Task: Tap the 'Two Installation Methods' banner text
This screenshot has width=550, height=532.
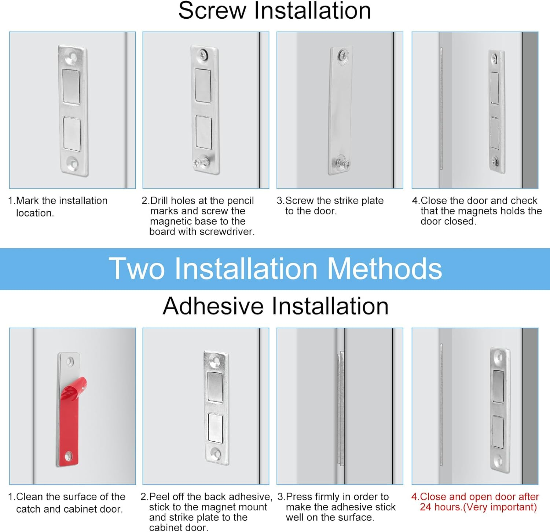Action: [x=275, y=269]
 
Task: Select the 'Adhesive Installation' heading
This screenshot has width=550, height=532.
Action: [x=275, y=306]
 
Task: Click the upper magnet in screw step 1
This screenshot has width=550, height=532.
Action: [x=71, y=87]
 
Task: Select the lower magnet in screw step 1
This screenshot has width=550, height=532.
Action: [x=72, y=134]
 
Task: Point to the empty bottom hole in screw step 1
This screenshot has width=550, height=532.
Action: [x=73, y=163]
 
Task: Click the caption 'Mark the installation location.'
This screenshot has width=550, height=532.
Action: [x=58, y=207]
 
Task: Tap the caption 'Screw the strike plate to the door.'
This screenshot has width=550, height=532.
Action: [x=330, y=206]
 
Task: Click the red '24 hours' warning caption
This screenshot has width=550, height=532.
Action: [x=475, y=502]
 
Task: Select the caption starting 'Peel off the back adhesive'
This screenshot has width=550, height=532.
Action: [x=206, y=512]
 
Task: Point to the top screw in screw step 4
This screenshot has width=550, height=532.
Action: [x=495, y=58]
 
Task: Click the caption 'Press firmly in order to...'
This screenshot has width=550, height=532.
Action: [x=337, y=507]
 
